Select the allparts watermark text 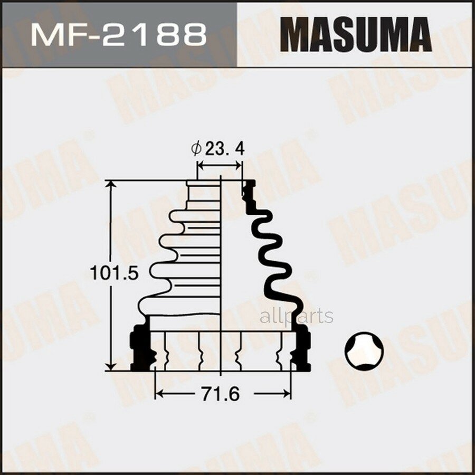[x=297, y=316]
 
